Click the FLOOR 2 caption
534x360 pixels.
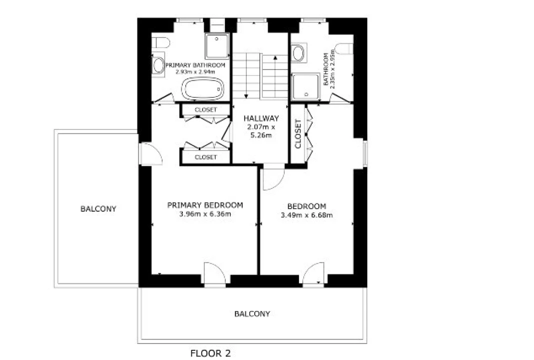210,353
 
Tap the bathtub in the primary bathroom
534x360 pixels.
203,88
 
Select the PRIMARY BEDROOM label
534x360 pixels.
205,205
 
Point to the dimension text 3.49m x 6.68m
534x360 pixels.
307,215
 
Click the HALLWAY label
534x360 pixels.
261,118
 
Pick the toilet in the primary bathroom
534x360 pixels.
160,43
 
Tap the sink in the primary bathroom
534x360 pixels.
158,65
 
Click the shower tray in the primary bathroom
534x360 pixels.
217,45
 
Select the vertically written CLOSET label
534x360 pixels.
298,133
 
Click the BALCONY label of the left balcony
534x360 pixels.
98,208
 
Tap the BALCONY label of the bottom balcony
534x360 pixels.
252,313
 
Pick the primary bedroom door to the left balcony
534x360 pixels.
151,154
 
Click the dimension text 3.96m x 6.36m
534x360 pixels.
205,214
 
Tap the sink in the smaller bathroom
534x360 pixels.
298,53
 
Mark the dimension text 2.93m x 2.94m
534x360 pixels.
195,72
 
